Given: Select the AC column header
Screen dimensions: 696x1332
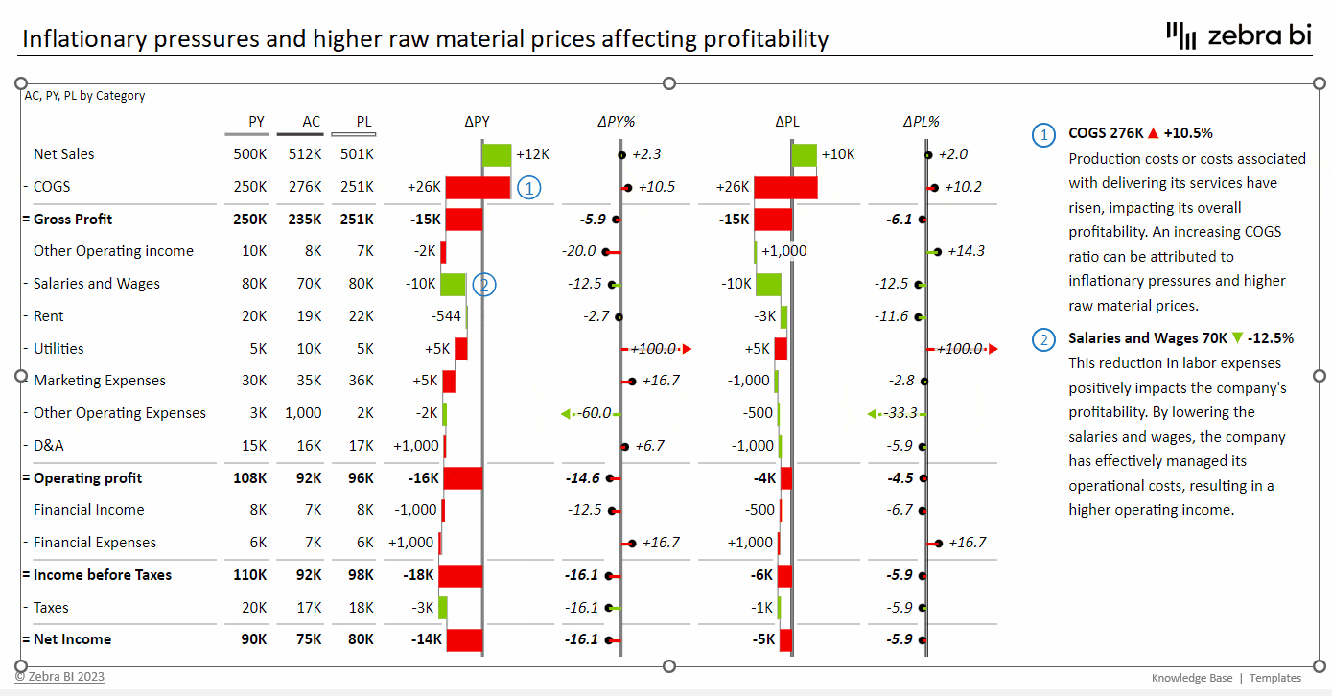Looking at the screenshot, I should (x=311, y=122).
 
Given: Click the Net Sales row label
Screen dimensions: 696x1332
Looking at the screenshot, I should (x=63, y=154).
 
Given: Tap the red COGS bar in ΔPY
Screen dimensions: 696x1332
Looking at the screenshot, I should (x=478, y=187).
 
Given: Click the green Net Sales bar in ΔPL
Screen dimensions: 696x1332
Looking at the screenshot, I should (x=805, y=154).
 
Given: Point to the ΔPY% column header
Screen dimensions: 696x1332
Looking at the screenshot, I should (x=617, y=122).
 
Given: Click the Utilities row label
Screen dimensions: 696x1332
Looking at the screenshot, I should (x=58, y=349).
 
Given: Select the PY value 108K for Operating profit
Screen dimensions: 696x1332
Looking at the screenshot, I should (x=249, y=478).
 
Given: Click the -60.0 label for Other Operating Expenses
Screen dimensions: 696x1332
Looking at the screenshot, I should (x=595, y=413).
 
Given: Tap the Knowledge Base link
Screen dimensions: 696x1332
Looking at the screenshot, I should (x=1192, y=678).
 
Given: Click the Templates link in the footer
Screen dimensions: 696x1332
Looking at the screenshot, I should (x=1275, y=678).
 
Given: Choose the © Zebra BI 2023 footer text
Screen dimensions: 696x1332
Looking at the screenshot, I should (x=59, y=677).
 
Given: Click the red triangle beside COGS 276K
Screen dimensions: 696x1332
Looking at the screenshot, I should (x=1153, y=133).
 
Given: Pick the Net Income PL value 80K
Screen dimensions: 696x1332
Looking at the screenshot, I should (x=357, y=639).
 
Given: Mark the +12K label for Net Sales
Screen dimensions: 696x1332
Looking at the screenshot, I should (x=532, y=154).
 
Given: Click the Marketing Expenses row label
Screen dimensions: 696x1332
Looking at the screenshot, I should (x=100, y=381).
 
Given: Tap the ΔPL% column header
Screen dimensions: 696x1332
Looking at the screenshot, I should (x=921, y=122).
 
